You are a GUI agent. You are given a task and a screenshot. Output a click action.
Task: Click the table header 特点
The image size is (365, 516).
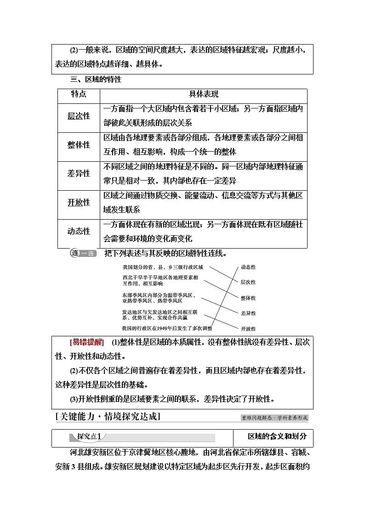pyautogui.click(x=78, y=94)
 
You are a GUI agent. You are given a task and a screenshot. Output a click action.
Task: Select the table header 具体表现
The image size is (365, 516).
pyautogui.click(x=204, y=94)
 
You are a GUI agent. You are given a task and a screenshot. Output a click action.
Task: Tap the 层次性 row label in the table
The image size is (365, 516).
pyautogui.click(x=79, y=116)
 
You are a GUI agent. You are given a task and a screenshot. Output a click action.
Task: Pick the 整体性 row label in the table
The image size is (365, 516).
pyautogui.click(x=79, y=145)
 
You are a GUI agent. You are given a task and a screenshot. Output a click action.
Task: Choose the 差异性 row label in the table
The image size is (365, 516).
pyautogui.click(x=79, y=174)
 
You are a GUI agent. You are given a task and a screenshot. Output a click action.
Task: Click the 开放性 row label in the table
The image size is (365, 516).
pyautogui.click(x=79, y=202)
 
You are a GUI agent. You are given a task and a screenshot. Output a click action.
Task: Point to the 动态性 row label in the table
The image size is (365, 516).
pyautogui.click(x=79, y=231)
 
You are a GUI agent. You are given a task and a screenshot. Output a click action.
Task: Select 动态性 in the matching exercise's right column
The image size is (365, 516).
pyautogui.click(x=248, y=267)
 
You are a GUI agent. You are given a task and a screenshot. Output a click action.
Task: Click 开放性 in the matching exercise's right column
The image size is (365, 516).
pyautogui.click(x=248, y=329)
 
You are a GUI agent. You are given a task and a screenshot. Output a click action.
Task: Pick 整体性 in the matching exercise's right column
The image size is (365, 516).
pyautogui.click(x=248, y=298)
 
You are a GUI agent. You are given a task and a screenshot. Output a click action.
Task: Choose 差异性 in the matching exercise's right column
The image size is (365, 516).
pyautogui.click(x=248, y=313)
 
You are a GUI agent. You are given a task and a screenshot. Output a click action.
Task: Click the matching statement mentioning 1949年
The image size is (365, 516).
pyautogui.click(x=167, y=328)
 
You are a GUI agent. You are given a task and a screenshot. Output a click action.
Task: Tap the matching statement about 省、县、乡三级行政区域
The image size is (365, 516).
pyautogui.click(x=163, y=267)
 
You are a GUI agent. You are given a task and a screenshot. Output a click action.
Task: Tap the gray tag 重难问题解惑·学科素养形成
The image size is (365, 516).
pyautogui.click(x=274, y=418)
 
